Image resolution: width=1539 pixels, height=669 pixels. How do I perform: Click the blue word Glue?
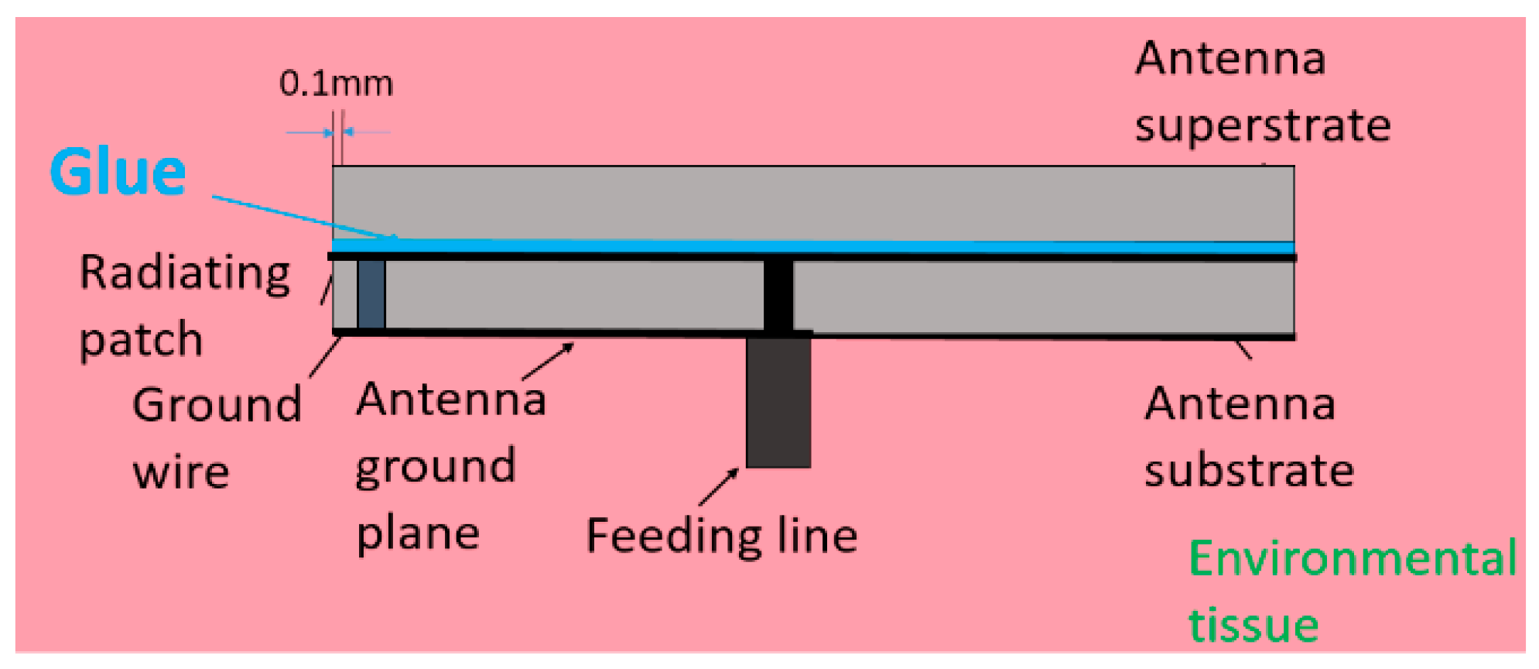pos(118,171)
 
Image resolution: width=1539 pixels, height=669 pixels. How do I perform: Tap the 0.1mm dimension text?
pos(336,84)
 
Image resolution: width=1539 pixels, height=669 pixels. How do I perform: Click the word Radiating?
pos(185,273)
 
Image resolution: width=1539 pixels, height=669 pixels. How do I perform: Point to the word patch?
pos(141,340)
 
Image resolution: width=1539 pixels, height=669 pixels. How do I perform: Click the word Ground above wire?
pos(217,405)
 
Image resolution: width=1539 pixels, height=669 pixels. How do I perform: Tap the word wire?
pos(181,472)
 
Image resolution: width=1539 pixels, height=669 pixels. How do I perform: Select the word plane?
pos(418,533)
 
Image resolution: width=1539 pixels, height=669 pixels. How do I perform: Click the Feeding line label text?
pos(721,535)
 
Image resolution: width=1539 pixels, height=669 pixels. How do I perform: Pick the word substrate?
pos(1249,471)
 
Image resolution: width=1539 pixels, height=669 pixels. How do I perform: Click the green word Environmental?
pos(1352,558)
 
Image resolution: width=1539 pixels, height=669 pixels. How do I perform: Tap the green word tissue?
pos(1253,625)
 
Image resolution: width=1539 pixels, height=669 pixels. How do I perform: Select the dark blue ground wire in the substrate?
pos(371,294)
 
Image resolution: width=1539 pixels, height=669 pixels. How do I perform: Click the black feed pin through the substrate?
pos(778,294)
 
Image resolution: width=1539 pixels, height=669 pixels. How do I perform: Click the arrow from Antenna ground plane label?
pos(549,361)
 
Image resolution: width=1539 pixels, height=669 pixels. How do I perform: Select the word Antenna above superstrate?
pos(1230,59)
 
